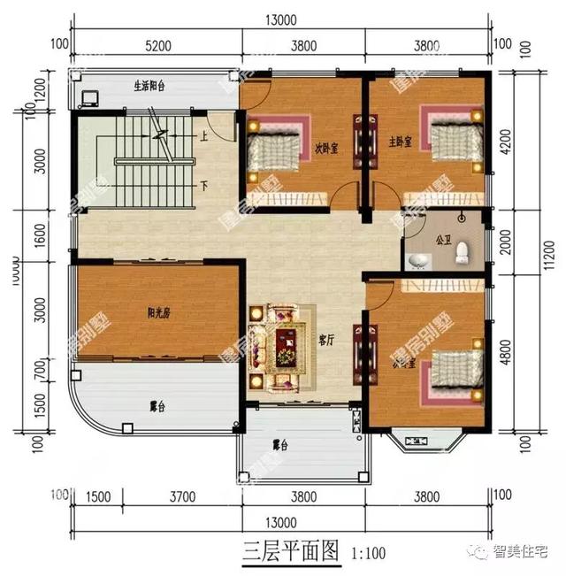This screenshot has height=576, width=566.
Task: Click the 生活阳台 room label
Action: (153, 87)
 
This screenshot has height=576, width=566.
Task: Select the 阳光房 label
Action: (159, 311)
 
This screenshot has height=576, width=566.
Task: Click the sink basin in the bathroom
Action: (418, 260)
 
